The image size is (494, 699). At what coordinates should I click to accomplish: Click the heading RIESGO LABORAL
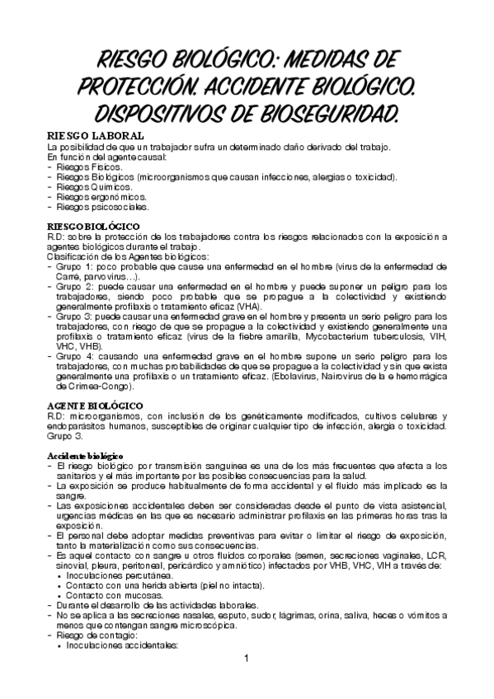pyautogui.click(x=96, y=135)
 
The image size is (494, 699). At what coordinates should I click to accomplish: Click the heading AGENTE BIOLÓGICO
pyautogui.click(x=95, y=406)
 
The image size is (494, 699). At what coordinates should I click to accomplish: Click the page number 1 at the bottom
pyautogui.click(x=247, y=681)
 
